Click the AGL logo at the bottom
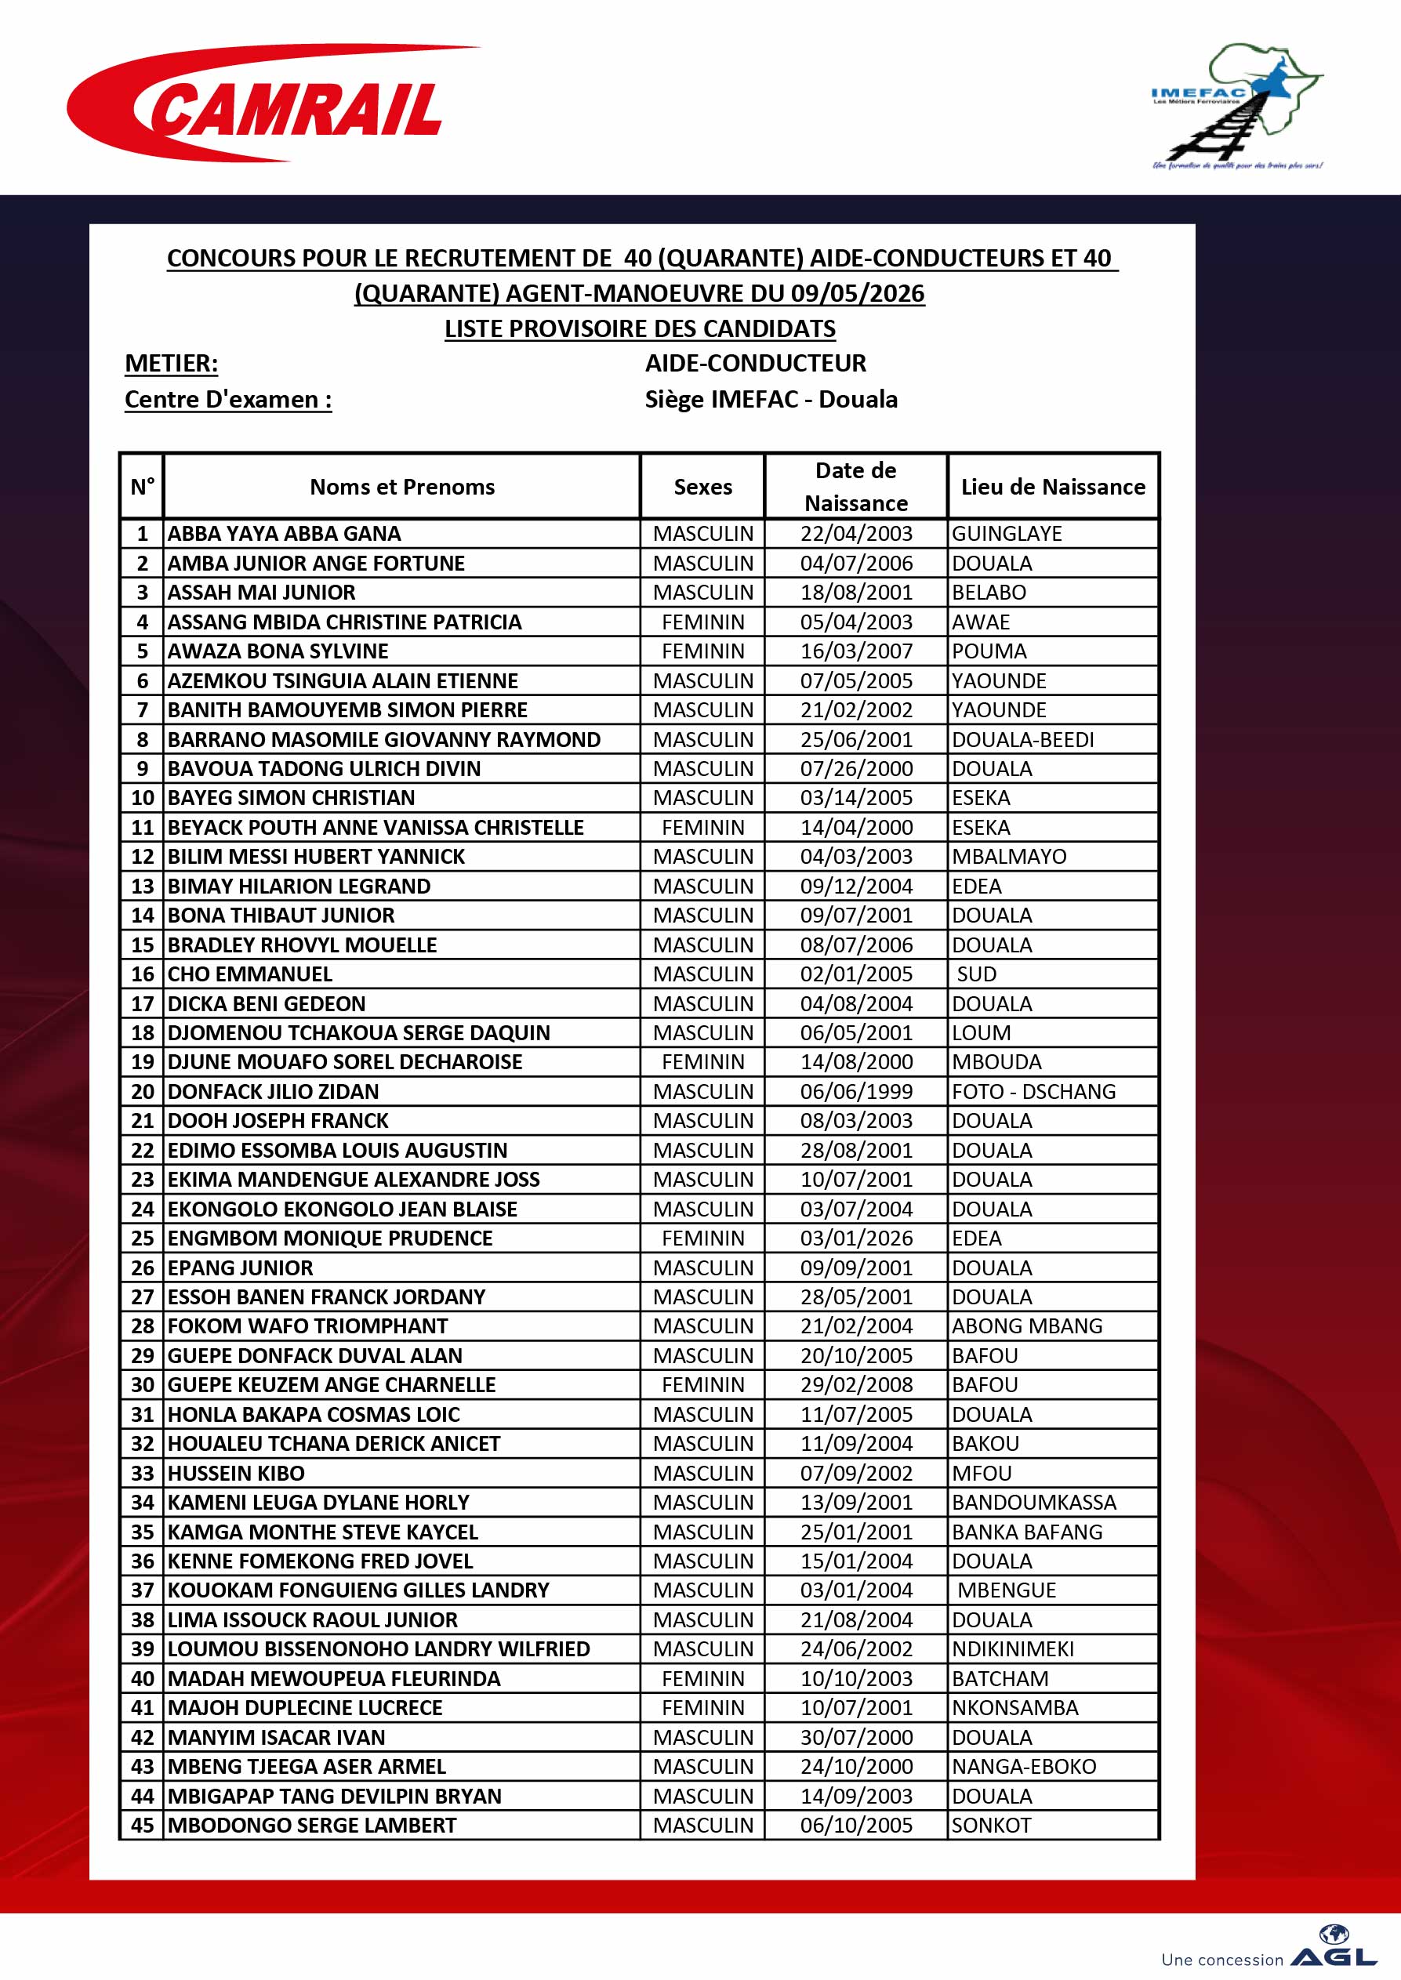[1332, 1957]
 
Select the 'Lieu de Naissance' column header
[1052, 486]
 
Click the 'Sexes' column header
[702, 486]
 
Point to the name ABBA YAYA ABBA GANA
[284, 534]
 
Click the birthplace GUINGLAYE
[1007, 534]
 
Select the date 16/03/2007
[856, 651]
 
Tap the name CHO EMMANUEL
[249, 974]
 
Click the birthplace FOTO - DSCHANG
[1033, 1091]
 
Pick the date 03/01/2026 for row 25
[856, 1238]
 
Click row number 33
[143, 1473]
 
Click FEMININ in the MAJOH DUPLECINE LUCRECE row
[702, 1707]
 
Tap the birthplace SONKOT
[991, 1825]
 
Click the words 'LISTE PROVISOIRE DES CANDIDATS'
[640, 328]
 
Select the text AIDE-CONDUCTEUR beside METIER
[755, 363]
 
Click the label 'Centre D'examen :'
[227, 399]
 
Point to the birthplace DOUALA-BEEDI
[1022, 739]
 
